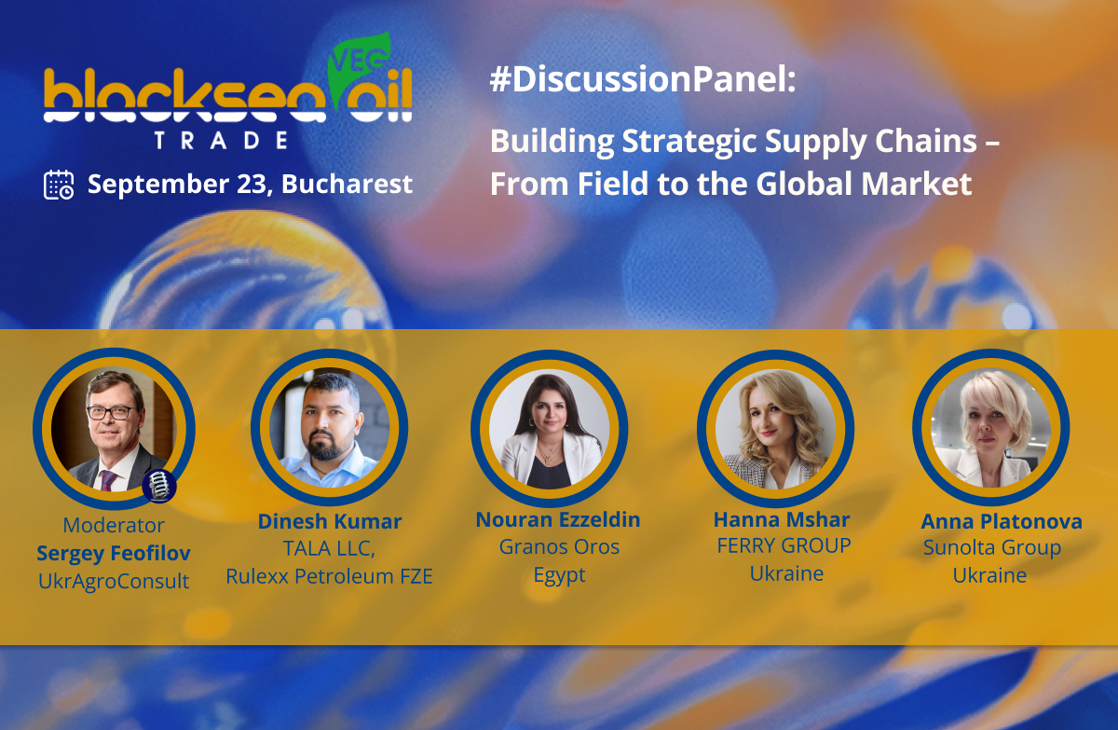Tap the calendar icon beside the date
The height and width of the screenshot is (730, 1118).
(59, 185)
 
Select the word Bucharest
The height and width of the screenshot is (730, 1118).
(347, 184)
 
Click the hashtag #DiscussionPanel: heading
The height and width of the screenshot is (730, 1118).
(643, 79)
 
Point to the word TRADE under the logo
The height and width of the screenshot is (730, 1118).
(221, 141)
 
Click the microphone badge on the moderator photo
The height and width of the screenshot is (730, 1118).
(159, 486)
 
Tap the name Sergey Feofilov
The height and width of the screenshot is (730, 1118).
(114, 553)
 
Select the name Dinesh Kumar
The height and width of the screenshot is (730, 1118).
(330, 522)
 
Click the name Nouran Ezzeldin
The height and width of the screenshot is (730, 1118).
(558, 520)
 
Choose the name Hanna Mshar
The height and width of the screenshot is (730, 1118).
(782, 520)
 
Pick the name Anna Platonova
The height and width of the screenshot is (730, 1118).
(1002, 522)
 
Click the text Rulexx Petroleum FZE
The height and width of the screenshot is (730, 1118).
(330, 577)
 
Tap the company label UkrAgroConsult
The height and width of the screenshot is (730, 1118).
(114, 582)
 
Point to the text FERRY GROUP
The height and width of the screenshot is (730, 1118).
(784, 545)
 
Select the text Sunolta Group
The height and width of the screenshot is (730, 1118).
(992, 548)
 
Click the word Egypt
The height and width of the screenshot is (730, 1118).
(560, 575)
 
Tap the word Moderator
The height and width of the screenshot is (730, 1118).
(114, 525)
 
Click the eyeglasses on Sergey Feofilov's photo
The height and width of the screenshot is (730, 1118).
(111, 413)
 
